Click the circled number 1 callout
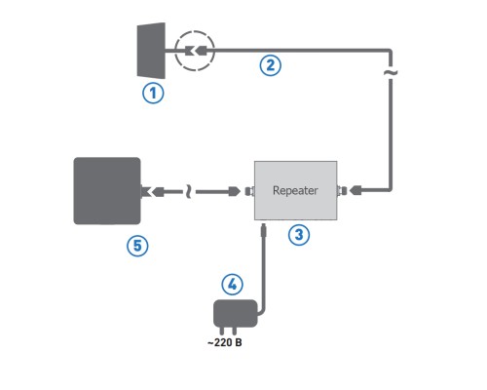tap(154, 94)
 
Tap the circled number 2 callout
tap(270, 65)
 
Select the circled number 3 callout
tap(300, 234)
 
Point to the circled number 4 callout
tap(231, 285)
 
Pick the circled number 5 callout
tap(138, 246)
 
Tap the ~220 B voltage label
tap(224, 343)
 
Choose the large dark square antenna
tap(107, 191)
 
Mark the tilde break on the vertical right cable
tap(392, 73)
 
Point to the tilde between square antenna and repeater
tap(188, 192)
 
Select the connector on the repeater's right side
tap(343, 192)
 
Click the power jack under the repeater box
tap(265, 230)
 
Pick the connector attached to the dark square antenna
tap(149, 192)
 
